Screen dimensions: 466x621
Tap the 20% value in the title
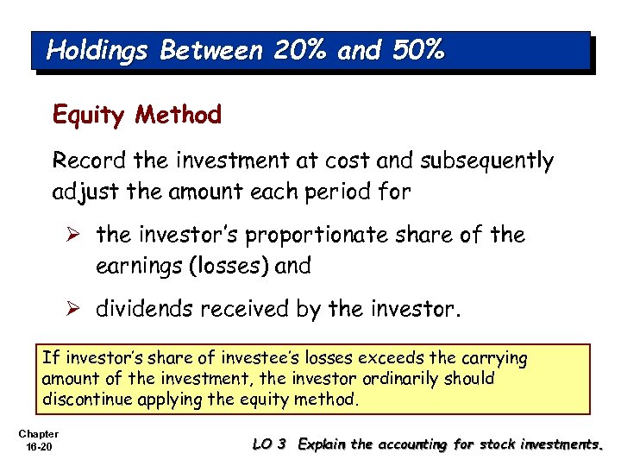click(299, 51)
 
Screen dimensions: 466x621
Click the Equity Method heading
click(137, 115)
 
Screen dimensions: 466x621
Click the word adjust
click(80, 192)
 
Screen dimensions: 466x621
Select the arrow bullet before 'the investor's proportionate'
click(78, 235)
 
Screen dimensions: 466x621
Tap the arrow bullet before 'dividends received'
click(78, 309)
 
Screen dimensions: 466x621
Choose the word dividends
click(137, 309)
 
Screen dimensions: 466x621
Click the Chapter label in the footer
click(37, 433)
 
